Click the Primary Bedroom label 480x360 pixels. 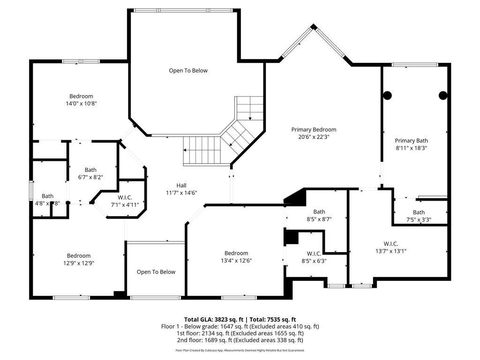pos(314,130)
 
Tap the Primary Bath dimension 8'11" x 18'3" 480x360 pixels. pos(411,148)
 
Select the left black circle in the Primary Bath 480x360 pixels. pos(387,95)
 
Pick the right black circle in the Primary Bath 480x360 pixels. pos(442,95)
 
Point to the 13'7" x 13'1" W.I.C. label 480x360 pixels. pos(390,247)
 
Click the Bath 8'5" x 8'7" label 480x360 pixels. pos(319,215)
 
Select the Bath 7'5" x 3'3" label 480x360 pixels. pos(419,216)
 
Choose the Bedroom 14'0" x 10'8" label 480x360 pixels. pos(81,100)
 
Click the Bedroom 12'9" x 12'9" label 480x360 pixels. pos(78,259)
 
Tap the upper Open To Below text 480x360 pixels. pos(188,71)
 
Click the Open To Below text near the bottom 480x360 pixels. pos(156,272)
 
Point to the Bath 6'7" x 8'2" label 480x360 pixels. pos(90,173)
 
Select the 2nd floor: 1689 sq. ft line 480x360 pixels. pos(240,340)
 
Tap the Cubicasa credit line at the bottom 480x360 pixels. pos(240,350)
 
